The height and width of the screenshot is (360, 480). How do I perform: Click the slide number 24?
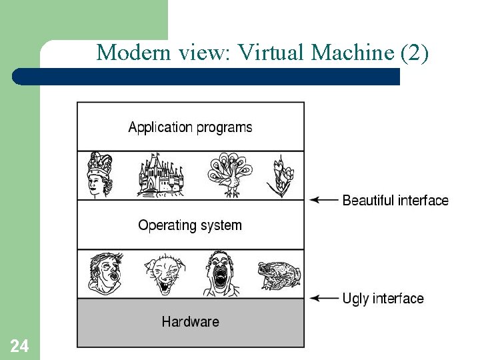19,346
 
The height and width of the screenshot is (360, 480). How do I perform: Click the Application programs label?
190,127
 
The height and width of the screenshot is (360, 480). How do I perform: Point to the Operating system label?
190,225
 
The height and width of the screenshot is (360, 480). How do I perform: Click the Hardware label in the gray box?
190,322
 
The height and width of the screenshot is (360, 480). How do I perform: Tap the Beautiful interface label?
395,200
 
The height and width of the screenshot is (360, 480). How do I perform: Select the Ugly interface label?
383,298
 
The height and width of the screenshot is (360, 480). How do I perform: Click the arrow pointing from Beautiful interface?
324,200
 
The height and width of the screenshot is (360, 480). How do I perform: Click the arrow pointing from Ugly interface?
324,298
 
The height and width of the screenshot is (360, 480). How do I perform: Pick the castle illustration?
160,175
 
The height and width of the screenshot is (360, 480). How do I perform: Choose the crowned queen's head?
100,175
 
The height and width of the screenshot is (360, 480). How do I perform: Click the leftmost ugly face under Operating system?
105,273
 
